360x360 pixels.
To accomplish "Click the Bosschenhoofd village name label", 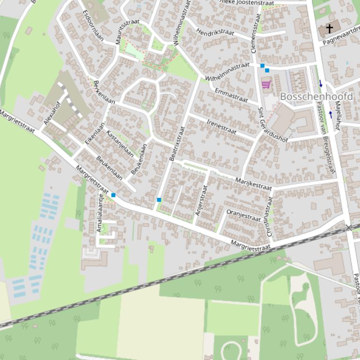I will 316,96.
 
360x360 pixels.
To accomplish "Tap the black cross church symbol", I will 329,29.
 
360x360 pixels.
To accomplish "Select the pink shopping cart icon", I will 266,85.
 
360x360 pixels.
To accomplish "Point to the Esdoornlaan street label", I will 93,25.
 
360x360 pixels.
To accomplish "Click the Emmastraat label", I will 231,95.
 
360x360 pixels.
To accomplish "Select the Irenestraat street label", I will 221,125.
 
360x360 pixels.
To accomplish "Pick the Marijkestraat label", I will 253,184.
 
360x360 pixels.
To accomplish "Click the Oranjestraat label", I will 243,215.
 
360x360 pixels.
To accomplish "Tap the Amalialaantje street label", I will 99,212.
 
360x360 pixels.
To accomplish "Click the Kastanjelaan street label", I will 120,143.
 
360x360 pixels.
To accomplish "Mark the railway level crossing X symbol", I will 348,228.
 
